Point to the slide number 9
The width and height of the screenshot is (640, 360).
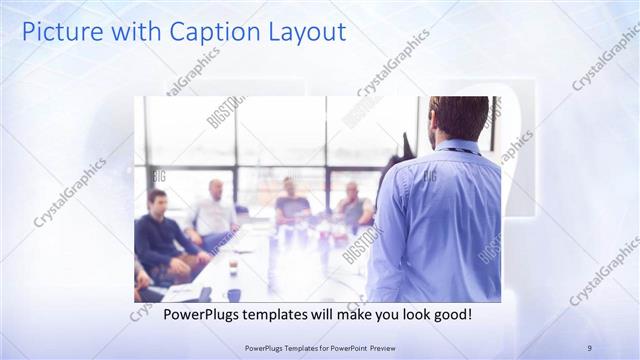(x=589, y=346)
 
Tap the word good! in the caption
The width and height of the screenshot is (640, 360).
(x=450, y=315)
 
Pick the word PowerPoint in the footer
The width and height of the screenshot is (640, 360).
(x=343, y=347)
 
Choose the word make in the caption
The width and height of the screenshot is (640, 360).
(x=347, y=315)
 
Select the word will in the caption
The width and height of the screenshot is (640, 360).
(x=323, y=315)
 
